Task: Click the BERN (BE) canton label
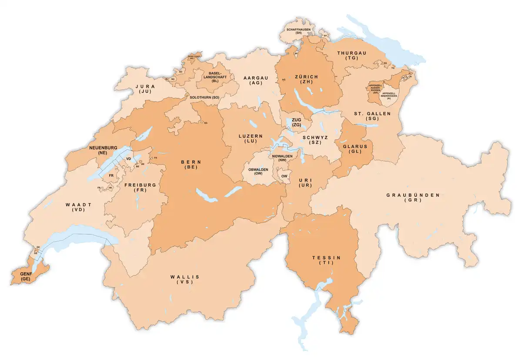pos(191,164)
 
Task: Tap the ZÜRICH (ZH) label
pos(306,79)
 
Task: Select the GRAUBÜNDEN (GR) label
pos(413,198)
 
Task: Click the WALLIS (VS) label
pos(185,279)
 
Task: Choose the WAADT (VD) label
pos(78,207)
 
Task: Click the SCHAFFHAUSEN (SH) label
pos(298,31)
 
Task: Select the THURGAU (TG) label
pos(351,55)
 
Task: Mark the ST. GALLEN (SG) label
pos(365,116)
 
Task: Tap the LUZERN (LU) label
pos(251,139)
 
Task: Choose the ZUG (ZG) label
pos(297,122)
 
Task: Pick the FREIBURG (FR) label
pos(140,188)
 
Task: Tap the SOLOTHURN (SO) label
pos(204,97)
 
